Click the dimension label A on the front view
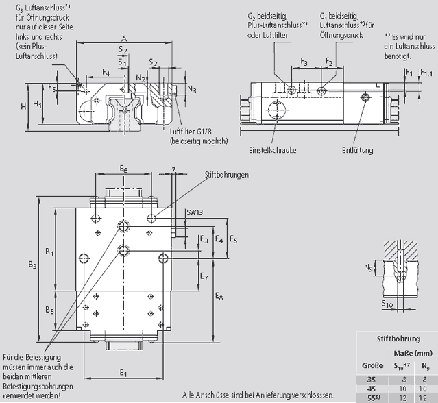[x=123, y=38]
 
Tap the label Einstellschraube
[x=273, y=149]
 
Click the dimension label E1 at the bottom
[x=123, y=373]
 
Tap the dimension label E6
[x=123, y=168]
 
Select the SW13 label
[x=195, y=213]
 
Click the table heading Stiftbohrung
[x=399, y=338]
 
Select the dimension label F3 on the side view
[x=304, y=62]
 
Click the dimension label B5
[x=50, y=310]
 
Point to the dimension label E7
[x=204, y=276]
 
